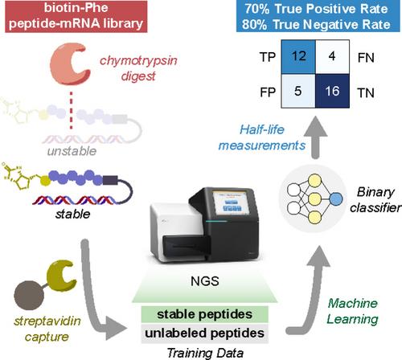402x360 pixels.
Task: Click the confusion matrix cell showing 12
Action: tap(298, 57)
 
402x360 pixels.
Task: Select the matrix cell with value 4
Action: tap(332, 57)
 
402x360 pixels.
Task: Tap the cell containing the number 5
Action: tap(298, 91)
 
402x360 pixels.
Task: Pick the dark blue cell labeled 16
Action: tap(332, 91)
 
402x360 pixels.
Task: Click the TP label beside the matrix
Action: tap(268, 57)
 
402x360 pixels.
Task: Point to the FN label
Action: tap(366, 58)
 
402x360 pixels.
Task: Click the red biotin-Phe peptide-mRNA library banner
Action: tap(76, 16)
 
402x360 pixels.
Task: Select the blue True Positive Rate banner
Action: tap(316, 16)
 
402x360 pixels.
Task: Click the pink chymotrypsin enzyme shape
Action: tap(70, 64)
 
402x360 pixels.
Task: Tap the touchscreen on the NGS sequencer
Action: tap(231, 202)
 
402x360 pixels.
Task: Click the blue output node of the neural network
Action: tap(336, 199)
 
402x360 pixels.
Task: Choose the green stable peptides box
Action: tap(205, 314)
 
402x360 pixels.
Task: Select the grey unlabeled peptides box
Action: tap(205, 333)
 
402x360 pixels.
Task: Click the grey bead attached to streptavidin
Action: tap(29, 296)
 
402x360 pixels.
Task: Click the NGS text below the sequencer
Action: tap(205, 281)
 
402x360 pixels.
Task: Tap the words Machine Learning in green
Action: tap(352, 312)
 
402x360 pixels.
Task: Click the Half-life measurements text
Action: tap(262, 137)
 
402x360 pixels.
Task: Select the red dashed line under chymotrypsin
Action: tap(71, 110)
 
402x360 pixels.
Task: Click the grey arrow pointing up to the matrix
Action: tap(316, 137)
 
